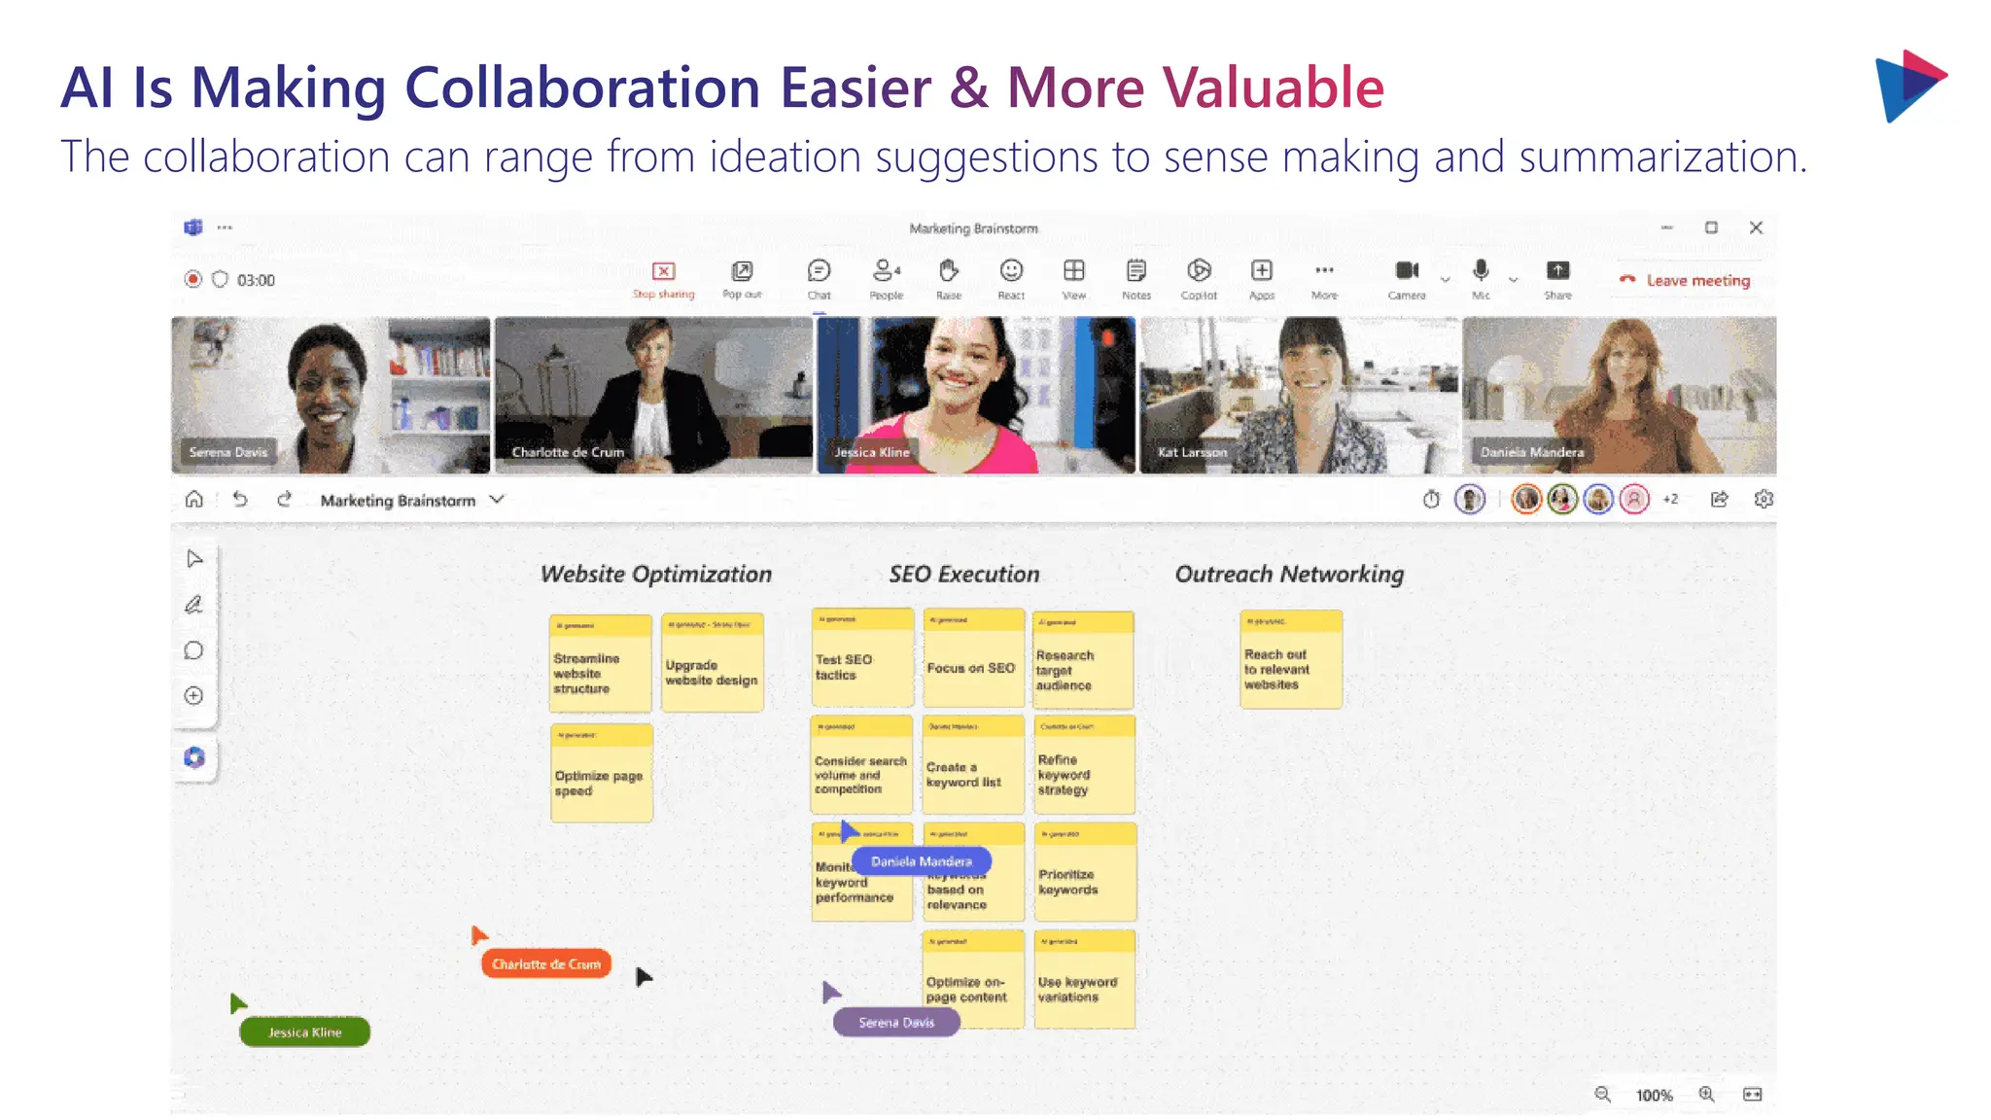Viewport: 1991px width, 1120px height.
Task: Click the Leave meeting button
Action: click(1687, 280)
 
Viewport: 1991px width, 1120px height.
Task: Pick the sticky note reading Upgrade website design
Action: click(712, 664)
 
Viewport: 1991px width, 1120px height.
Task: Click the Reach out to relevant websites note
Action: click(1290, 661)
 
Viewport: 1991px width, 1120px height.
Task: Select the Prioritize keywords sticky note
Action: click(1084, 873)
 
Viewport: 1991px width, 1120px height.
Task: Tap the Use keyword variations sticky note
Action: click(1084, 980)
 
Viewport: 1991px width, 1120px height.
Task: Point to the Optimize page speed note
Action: click(601, 775)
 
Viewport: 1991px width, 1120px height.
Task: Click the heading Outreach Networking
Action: click(1289, 575)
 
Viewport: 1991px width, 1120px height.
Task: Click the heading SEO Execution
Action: click(963, 575)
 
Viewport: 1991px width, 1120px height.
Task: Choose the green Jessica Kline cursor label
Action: click(304, 1032)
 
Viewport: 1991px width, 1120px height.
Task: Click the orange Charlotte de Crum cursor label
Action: click(545, 964)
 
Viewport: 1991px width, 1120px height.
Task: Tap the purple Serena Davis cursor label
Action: click(895, 1023)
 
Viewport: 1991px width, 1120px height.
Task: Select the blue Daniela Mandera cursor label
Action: click(921, 861)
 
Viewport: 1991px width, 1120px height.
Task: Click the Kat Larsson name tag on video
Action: click(1192, 452)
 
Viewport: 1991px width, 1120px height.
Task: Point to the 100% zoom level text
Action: click(1654, 1096)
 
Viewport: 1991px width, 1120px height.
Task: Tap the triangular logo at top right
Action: click(1908, 86)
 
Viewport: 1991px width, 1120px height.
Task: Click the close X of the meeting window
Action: click(1756, 227)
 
